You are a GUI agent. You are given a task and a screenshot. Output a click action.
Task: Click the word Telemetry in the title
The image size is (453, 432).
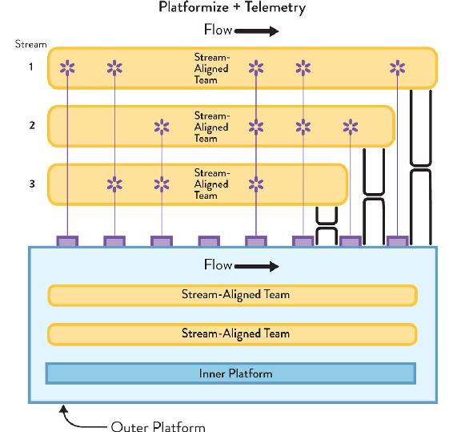[275, 7]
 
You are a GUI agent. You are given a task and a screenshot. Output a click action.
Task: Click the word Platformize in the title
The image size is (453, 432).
[194, 6]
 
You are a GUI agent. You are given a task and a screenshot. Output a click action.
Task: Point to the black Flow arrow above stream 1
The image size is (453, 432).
[257, 31]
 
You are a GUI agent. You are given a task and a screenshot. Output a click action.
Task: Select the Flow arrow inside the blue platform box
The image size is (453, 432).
[257, 266]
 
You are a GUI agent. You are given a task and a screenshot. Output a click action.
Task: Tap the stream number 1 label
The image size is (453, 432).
[31, 67]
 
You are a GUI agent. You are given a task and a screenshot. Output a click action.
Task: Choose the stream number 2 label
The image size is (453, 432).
[32, 125]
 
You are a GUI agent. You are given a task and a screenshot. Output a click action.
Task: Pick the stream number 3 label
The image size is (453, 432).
[32, 184]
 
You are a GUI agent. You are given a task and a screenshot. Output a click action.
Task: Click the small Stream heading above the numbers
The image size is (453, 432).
[31, 44]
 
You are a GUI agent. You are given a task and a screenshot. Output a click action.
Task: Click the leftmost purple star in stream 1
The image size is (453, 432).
[67, 68]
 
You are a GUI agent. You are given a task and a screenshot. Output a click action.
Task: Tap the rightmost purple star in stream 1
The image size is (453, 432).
[398, 68]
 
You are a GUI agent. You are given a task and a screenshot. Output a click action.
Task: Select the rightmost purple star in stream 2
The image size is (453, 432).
[351, 127]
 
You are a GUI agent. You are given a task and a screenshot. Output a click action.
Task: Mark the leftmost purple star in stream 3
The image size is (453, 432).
[114, 184]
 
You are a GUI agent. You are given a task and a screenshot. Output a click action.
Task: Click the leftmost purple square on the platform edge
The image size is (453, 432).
[67, 241]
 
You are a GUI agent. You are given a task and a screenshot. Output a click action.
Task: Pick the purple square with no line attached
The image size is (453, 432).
[209, 241]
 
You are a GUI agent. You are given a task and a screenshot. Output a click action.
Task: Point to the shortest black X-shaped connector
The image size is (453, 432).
[327, 226]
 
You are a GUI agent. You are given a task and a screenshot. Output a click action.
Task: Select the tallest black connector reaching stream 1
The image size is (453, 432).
[421, 168]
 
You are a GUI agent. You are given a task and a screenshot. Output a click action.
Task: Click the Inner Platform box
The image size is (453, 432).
[231, 373]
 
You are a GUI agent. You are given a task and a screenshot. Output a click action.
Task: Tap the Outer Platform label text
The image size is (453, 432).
[158, 426]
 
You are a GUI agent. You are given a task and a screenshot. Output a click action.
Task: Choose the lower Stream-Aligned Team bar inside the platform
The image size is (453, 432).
[232, 334]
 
